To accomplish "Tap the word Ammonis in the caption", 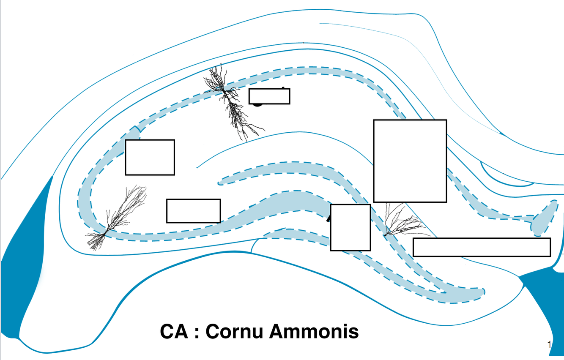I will (x=314, y=331).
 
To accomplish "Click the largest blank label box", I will (x=410, y=161).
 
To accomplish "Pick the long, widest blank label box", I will (x=482, y=247).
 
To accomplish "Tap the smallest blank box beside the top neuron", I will (x=269, y=96).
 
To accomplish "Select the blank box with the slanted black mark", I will (x=350, y=227).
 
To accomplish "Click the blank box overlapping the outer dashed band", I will (x=150, y=157).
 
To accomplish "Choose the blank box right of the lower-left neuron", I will (x=193, y=210).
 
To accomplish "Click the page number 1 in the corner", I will (x=550, y=345).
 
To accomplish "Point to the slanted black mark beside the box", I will (x=329, y=218).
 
